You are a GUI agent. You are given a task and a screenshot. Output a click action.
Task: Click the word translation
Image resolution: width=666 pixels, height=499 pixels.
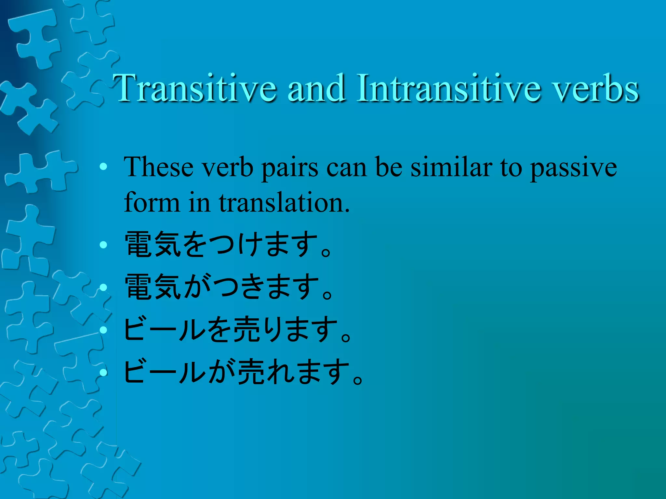(284, 203)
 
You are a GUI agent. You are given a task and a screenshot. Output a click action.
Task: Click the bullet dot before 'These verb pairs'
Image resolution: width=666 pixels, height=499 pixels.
(103, 167)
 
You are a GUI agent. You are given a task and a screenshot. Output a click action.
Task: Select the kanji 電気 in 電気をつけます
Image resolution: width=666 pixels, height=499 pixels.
(153, 245)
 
